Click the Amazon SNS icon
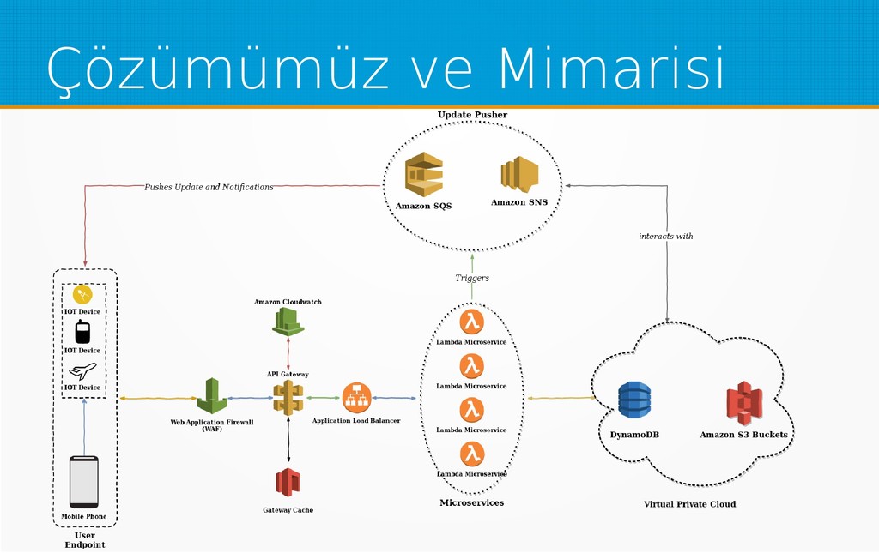click(x=519, y=174)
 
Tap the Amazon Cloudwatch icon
click(x=288, y=322)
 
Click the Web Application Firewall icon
click(x=212, y=395)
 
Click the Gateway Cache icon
click(x=288, y=482)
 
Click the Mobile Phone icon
click(x=84, y=482)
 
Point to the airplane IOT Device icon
click(x=82, y=370)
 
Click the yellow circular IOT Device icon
click(x=82, y=295)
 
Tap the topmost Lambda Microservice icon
click(x=471, y=322)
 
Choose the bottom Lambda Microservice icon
click(x=471, y=454)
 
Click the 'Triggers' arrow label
click(x=472, y=278)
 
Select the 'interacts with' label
click(x=665, y=236)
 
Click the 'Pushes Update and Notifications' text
click(x=209, y=187)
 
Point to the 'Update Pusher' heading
click(x=472, y=115)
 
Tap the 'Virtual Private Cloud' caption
click(x=689, y=504)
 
